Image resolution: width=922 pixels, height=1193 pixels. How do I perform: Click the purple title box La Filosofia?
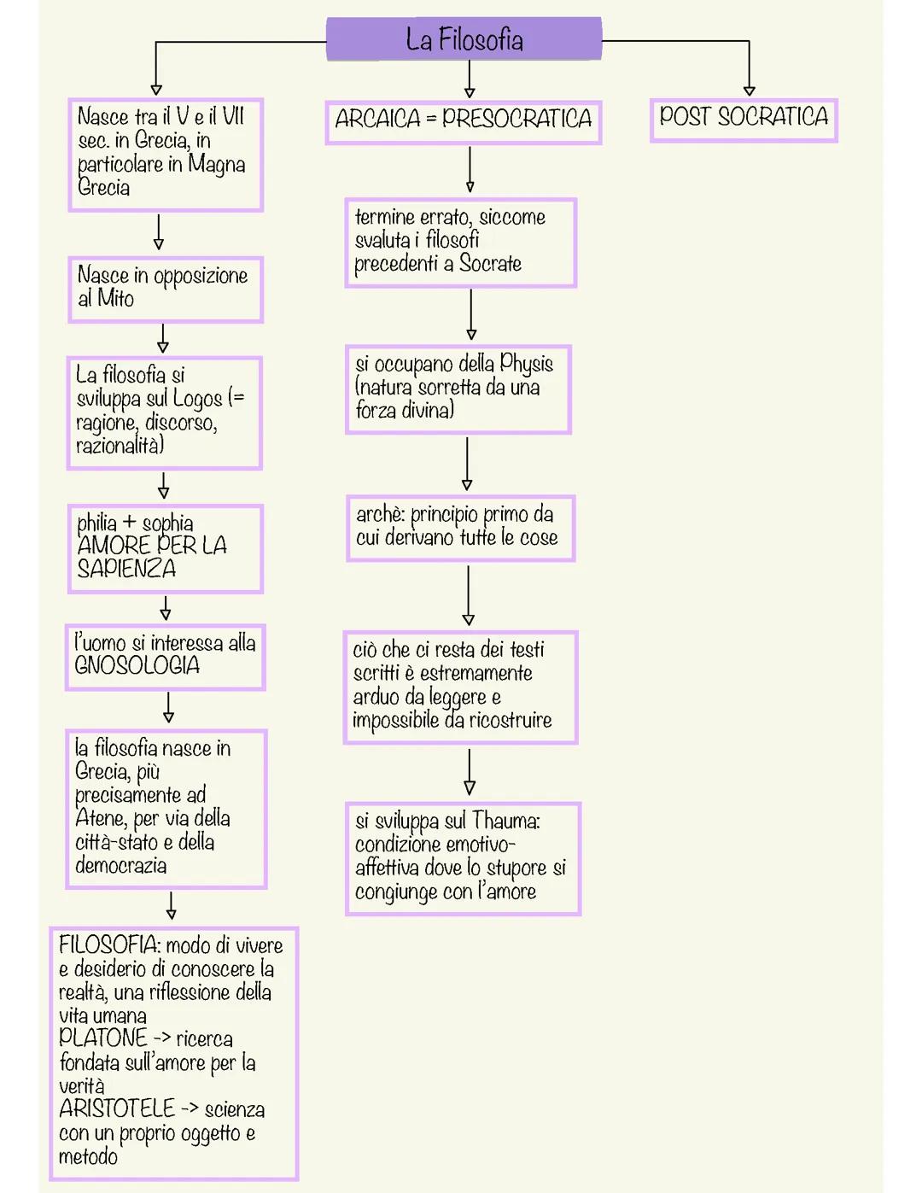pyautogui.click(x=464, y=39)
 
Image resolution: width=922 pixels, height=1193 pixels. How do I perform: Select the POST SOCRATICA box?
pyautogui.click(x=744, y=118)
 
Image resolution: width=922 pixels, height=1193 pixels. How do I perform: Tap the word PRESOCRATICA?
pyautogui.click(x=516, y=119)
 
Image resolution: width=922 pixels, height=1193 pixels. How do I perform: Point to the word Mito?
pyautogui.click(x=115, y=298)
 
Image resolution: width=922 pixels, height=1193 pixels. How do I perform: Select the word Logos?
pyautogui.click(x=197, y=399)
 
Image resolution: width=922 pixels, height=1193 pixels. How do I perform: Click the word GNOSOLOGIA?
pyautogui.click(x=137, y=665)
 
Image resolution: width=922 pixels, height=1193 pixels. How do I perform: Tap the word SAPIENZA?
pyautogui.click(x=126, y=569)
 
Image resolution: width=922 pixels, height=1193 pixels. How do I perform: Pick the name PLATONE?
pyautogui.click(x=102, y=1038)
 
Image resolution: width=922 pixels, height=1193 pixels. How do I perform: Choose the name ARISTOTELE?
pyautogui.click(x=117, y=1109)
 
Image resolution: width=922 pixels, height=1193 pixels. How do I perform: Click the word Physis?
pyautogui.click(x=526, y=364)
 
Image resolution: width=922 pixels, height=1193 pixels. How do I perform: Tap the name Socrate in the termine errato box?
pyautogui.click(x=490, y=264)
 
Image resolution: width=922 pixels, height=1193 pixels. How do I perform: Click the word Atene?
pyautogui.click(x=100, y=818)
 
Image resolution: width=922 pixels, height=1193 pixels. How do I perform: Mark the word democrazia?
pyautogui.click(x=120, y=865)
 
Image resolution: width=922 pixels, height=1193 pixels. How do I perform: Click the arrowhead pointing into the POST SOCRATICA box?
pyautogui.click(x=749, y=90)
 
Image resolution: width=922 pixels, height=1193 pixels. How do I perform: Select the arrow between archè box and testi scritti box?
pyautogui.click(x=468, y=595)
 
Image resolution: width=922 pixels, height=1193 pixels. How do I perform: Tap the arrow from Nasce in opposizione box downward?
pyautogui.click(x=162, y=338)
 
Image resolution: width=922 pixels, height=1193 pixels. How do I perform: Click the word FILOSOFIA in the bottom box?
pyautogui.click(x=108, y=945)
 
